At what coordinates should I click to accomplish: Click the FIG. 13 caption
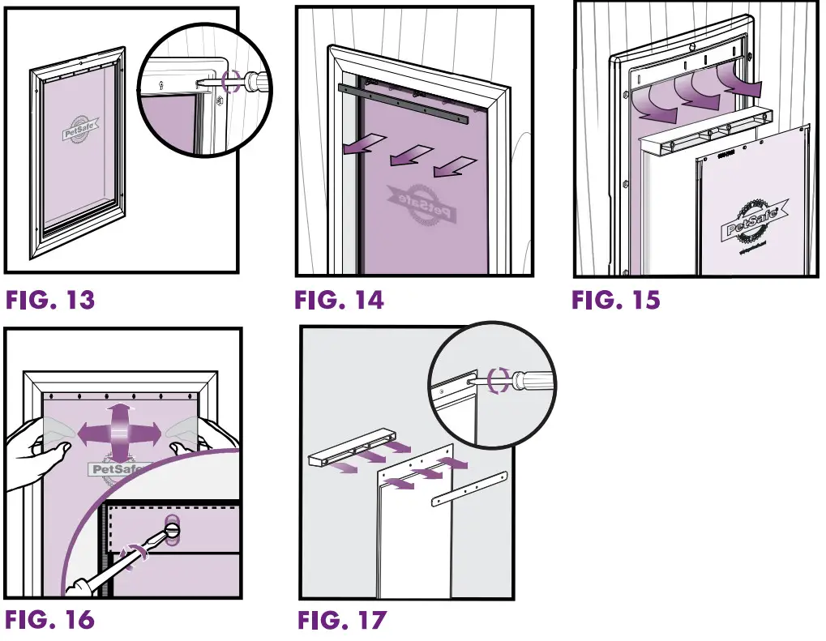[x=50, y=301]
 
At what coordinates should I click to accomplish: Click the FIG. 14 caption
[x=339, y=301]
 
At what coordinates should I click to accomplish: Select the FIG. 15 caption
[x=616, y=301]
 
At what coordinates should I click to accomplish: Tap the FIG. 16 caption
[x=50, y=621]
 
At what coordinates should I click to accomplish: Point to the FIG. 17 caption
[x=341, y=621]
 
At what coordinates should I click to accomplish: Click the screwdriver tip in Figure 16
[x=173, y=529]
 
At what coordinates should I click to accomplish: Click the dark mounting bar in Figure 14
[x=404, y=100]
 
